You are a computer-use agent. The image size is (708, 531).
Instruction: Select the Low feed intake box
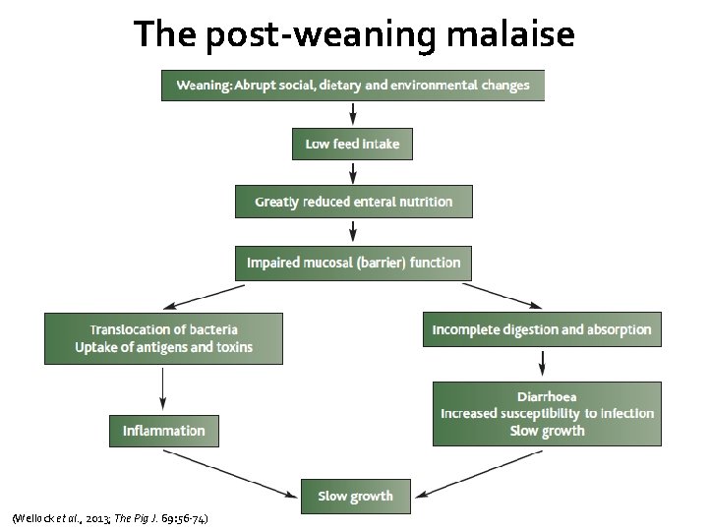coord(352,144)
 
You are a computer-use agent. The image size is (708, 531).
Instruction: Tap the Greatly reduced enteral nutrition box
coord(354,202)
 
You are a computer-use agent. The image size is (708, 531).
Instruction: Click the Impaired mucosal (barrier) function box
coord(353,263)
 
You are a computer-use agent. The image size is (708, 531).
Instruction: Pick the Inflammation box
coord(164,431)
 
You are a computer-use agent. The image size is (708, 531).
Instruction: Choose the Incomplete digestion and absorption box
coord(542,330)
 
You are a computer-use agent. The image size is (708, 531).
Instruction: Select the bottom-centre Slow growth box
coord(355,496)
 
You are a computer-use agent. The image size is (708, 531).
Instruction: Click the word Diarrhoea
coord(547,397)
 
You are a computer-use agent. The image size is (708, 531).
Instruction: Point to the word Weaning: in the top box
coord(204,86)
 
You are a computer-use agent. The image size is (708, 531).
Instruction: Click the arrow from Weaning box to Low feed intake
coord(352,114)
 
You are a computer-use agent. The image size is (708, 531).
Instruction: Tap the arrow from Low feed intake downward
coord(352,173)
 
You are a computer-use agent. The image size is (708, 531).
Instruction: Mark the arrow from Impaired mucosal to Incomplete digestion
coord(501,296)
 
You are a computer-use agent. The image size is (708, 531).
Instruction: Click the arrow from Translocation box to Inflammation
coord(163,389)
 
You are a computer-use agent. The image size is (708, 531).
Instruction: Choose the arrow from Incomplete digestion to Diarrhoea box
coord(541,364)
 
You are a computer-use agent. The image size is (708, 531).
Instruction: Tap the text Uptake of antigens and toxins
coord(163,347)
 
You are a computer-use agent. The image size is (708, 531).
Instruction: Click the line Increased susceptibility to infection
coord(547,414)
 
